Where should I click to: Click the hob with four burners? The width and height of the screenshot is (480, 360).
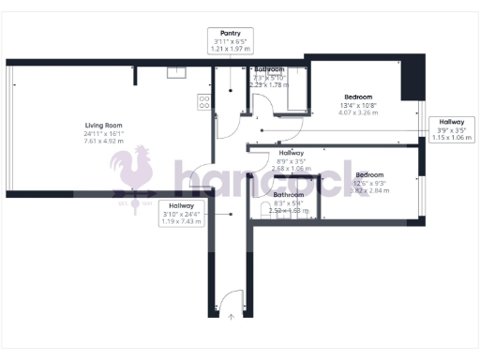[x=203, y=102]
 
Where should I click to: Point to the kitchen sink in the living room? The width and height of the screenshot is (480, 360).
[x=175, y=72]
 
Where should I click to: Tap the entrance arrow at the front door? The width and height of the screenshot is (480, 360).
[x=231, y=316]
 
